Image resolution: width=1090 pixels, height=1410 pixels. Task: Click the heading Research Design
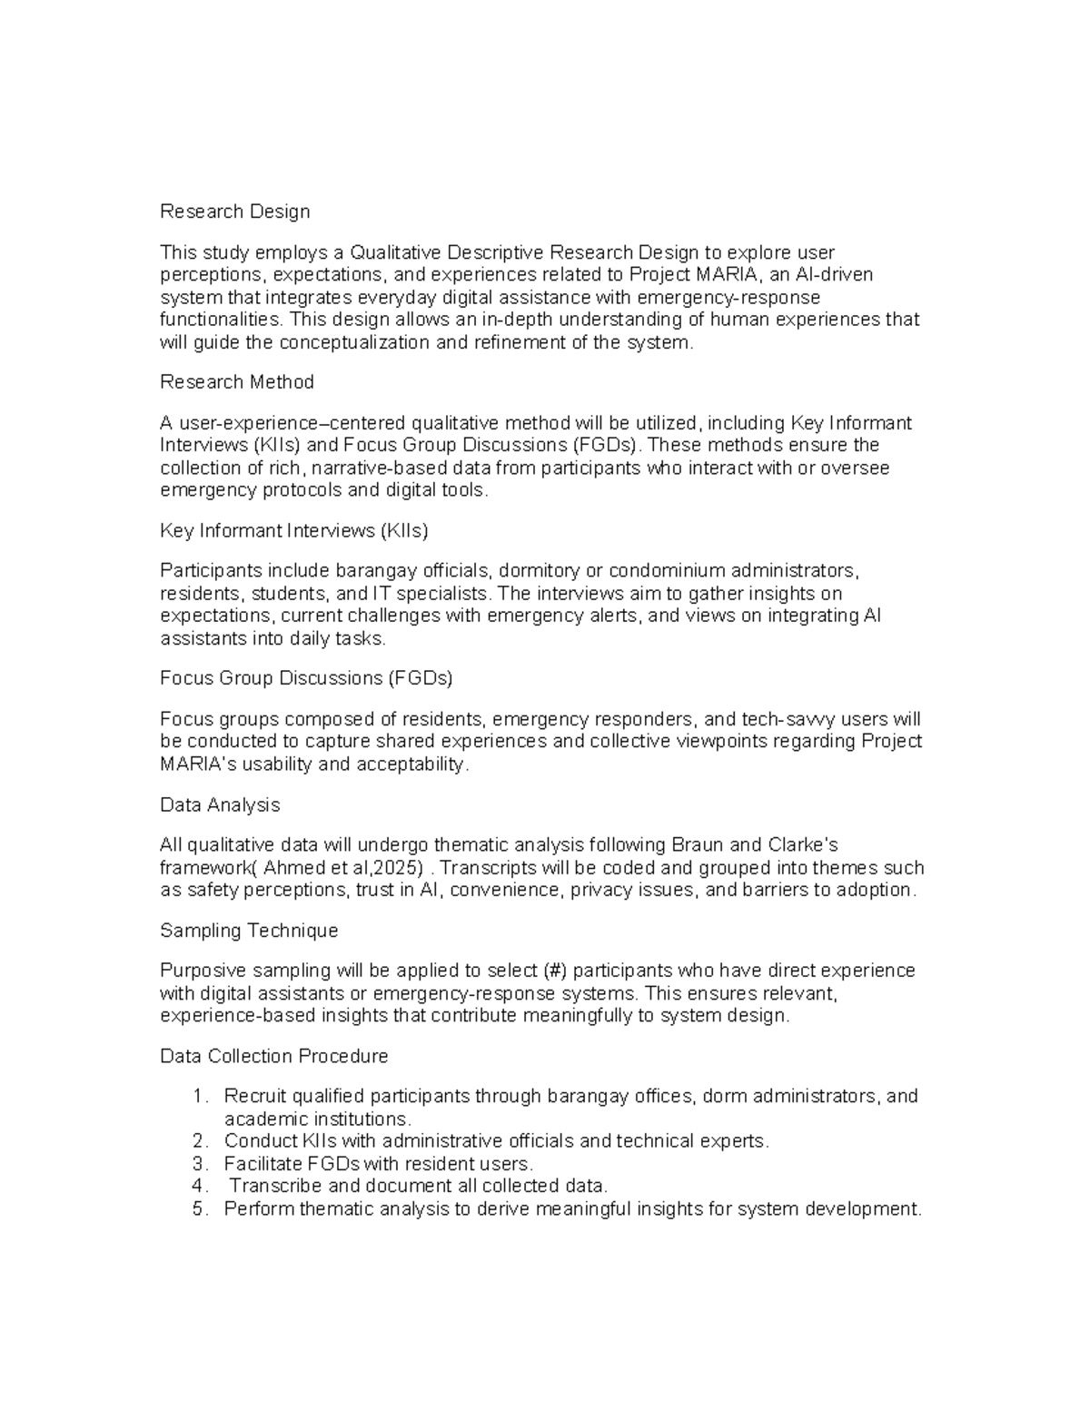click(x=234, y=212)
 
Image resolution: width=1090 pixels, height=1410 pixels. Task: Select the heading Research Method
click(x=236, y=382)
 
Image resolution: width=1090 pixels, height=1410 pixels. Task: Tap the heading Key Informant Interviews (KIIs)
click(x=293, y=530)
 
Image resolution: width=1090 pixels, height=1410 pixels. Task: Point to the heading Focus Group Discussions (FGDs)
click(x=306, y=678)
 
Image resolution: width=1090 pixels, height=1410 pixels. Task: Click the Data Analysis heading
click(x=220, y=805)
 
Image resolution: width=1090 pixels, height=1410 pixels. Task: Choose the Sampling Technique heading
click(x=249, y=931)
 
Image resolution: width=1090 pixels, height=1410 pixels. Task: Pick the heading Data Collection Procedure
click(x=273, y=1057)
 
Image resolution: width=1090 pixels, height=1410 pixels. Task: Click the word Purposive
click(x=197, y=971)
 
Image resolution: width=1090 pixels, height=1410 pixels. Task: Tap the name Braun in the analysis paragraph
click(x=696, y=845)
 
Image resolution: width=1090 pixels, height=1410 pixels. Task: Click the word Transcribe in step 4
click(x=275, y=1187)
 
